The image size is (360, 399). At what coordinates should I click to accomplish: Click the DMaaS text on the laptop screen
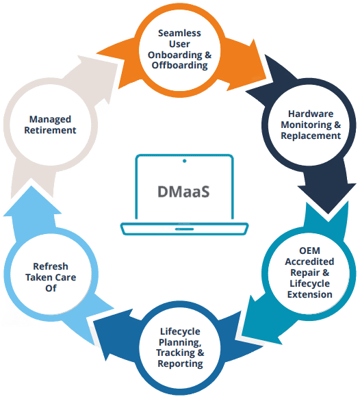(183, 192)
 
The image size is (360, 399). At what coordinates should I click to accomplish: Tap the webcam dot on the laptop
(185, 161)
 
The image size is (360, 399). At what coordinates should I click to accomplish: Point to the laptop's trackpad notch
(185, 229)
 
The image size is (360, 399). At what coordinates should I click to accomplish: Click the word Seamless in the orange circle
(179, 33)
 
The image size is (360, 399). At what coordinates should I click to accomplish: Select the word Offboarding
(179, 66)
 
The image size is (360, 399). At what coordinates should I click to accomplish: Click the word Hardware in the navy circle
(311, 114)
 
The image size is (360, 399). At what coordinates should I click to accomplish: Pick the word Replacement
(311, 136)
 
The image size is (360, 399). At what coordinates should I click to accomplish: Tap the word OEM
(309, 250)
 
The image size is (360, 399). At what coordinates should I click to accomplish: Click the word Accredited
(309, 261)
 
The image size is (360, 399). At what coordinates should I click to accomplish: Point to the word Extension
(309, 294)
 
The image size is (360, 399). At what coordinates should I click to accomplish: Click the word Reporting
(180, 364)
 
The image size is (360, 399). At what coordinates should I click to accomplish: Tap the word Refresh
(51, 266)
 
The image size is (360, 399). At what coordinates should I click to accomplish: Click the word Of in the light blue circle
(51, 288)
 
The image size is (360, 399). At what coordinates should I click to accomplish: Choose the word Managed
(50, 120)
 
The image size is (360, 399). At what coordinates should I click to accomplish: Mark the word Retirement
(50, 130)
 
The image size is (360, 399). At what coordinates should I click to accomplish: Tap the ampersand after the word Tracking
(201, 353)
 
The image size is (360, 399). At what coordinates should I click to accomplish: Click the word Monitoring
(307, 125)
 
